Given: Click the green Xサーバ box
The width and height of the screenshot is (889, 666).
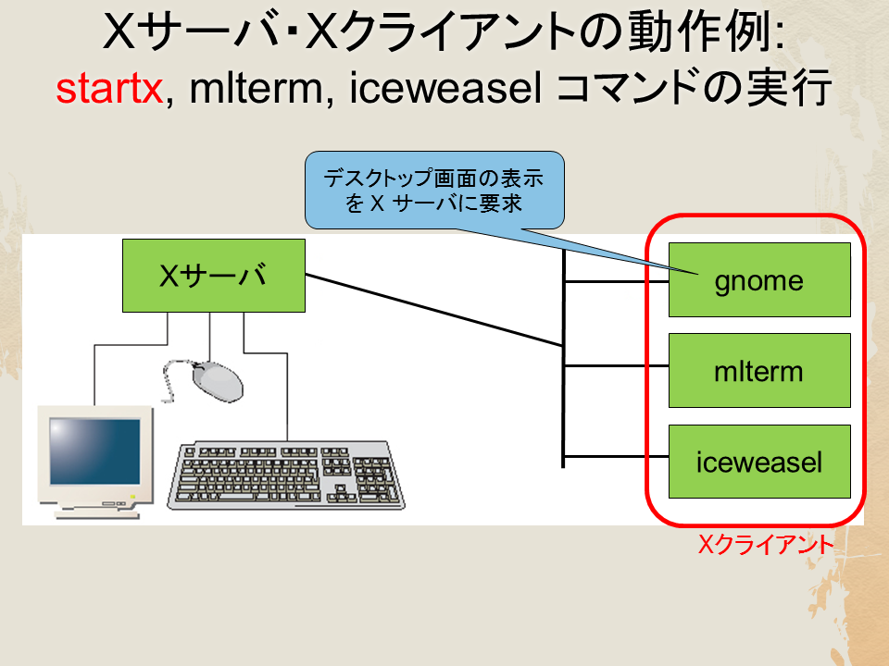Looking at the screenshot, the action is (214, 276).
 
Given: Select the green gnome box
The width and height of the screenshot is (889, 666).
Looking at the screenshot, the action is (759, 279).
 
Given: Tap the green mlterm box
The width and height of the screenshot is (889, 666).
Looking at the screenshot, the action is (759, 370).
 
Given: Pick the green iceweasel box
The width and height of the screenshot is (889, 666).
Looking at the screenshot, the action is (759, 462).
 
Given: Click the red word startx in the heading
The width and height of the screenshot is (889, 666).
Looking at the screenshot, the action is (109, 89).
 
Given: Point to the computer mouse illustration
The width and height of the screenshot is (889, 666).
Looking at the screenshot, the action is (218, 382).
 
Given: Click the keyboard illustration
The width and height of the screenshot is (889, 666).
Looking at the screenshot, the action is (286, 475).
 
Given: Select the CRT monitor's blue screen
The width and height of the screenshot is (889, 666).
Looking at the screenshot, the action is (94, 451).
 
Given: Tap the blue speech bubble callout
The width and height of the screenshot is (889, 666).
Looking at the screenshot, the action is (435, 191).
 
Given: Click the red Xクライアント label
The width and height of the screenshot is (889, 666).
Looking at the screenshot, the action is (766, 545).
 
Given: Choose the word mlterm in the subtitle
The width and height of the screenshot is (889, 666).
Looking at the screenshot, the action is (256, 89).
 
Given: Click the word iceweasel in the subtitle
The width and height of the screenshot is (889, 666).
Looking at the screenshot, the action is (445, 89).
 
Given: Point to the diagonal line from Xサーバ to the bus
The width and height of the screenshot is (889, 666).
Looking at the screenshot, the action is (434, 310).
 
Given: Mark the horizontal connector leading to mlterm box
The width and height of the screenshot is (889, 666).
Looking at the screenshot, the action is (617, 366).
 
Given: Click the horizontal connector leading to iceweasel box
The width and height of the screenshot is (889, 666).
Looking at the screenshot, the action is (617, 456).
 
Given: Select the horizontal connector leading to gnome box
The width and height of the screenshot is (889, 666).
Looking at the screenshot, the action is (617, 281).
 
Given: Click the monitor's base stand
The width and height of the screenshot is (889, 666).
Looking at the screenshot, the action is (97, 512).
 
